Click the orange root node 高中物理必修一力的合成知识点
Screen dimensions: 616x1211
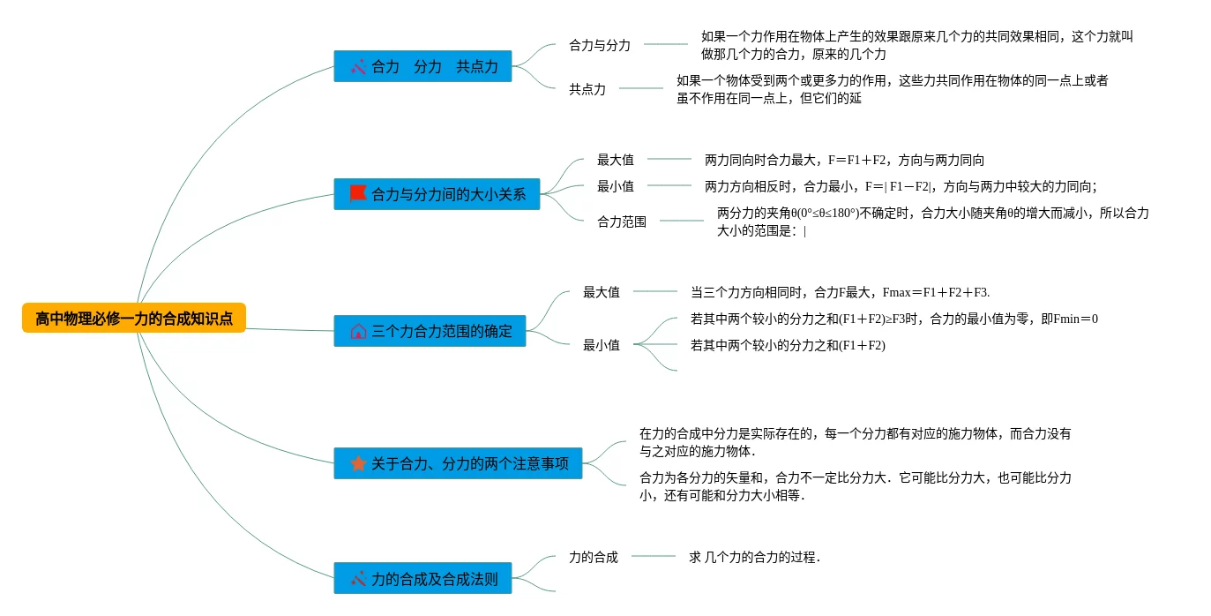coord(133,319)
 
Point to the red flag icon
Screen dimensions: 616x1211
coord(357,193)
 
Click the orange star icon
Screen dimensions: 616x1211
coord(357,463)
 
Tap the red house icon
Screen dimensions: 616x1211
coord(357,332)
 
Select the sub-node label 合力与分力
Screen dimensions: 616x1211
coord(600,45)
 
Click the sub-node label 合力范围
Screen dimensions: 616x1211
coord(622,222)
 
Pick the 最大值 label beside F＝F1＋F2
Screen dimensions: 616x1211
coord(616,160)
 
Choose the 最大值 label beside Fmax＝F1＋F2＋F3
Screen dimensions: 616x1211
coord(602,292)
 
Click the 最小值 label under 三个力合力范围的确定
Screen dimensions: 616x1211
coord(602,345)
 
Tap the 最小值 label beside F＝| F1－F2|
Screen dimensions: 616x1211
coord(616,186)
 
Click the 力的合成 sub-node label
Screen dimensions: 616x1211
coord(594,557)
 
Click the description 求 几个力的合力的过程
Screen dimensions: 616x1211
coord(755,557)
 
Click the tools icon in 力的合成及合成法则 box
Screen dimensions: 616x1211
coord(357,580)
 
